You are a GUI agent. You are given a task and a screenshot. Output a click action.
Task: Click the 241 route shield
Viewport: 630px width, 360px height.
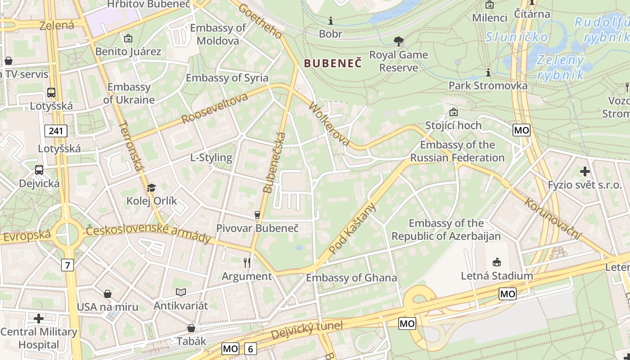click(x=56, y=131)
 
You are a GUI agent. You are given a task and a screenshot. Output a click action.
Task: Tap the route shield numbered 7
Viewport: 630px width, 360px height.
click(x=67, y=265)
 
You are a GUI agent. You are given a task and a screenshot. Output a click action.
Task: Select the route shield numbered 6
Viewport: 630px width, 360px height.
click(x=250, y=348)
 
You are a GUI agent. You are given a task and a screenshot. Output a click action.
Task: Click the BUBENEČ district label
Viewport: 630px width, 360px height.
click(x=333, y=63)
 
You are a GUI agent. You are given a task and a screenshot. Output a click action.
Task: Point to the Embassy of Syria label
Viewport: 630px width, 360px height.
click(x=227, y=78)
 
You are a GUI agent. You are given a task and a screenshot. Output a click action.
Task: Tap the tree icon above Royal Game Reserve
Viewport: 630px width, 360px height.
click(x=398, y=42)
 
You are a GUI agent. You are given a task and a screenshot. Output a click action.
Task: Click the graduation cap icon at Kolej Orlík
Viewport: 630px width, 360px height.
click(x=152, y=188)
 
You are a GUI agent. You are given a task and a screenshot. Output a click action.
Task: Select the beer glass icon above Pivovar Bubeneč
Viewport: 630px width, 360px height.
click(x=257, y=215)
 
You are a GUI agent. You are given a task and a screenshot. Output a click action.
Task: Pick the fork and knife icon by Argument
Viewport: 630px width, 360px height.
click(x=247, y=262)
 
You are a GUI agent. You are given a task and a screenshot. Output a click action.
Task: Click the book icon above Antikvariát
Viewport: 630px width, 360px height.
click(x=181, y=292)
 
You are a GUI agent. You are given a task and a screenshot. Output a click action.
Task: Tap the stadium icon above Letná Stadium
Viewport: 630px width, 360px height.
click(x=497, y=262)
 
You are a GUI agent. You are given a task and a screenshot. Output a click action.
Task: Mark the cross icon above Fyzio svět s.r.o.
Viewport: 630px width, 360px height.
click(x=585, y=171)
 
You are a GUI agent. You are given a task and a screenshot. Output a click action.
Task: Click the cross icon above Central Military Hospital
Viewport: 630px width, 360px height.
click(x=39, y=319)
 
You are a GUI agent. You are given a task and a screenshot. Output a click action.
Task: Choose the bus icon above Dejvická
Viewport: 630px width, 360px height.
click(x=39, y=170)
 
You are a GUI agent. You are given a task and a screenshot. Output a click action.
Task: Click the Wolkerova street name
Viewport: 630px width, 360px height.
click(x=329, y=125)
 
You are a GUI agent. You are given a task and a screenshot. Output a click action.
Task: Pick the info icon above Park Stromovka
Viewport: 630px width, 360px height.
click(x=488, y=72)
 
